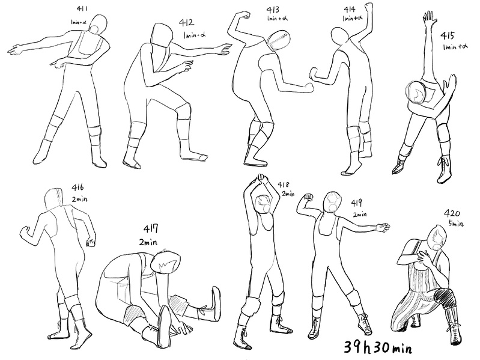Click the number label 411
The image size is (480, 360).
point(82,8)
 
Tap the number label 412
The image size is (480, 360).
point(186,23)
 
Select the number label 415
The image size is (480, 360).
point(447,36)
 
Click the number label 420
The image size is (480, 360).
point(452,213)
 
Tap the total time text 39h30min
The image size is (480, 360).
point(378,347)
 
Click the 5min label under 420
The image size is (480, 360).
point(456,224)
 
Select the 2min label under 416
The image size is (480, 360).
point(79,199)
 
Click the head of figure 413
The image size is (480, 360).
point(278,40)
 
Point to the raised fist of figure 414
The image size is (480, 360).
point(369,7)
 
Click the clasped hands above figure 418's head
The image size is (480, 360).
point(260,178)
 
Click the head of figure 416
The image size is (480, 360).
point(53,200)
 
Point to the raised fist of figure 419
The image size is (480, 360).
point(309,197)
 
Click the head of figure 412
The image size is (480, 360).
point(161,35)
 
